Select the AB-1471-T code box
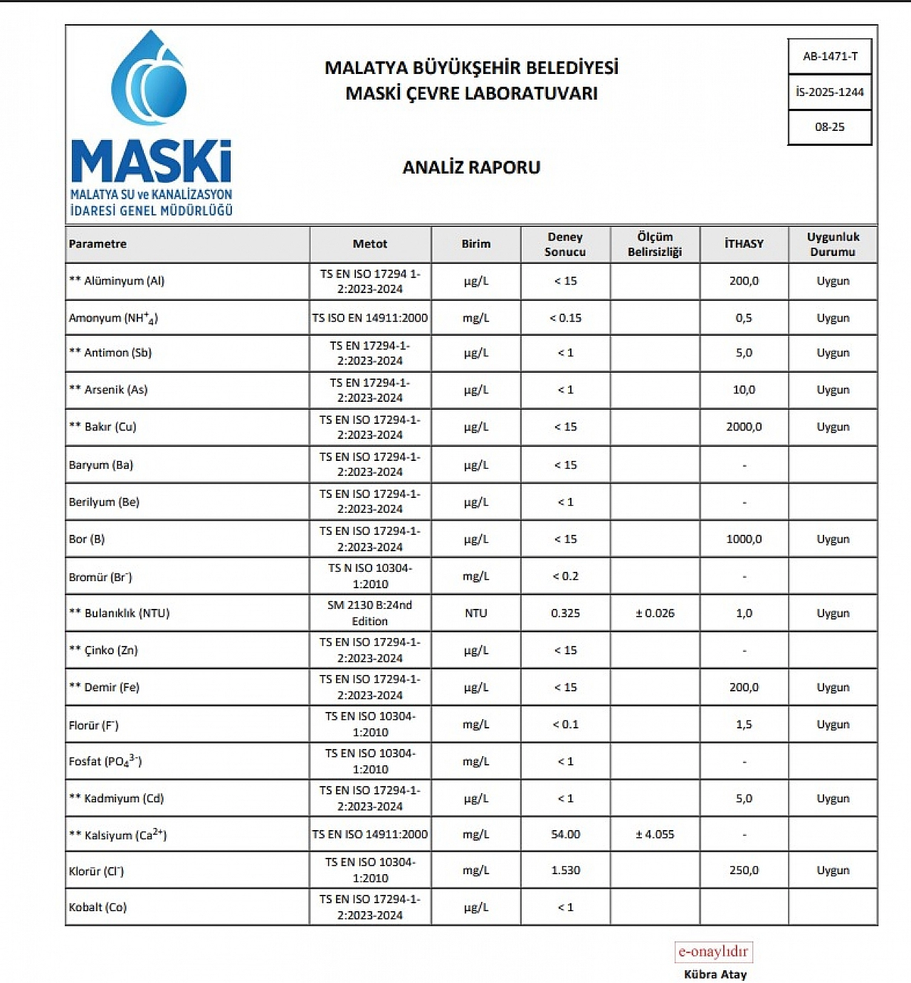click(x=830, y=56)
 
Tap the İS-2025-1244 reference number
click(x=830, y=92)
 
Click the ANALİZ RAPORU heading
click(x=471, y=167)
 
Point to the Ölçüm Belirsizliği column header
click(x=655, y=244)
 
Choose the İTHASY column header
click(x=744, y=244)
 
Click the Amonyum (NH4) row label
click(x=113, y=318)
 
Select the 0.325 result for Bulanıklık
click(x=565, y=613)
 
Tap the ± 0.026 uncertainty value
click(x=655, y=613)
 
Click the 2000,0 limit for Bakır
click(x=744, y=427)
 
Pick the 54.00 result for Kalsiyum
click(x=565, y=834)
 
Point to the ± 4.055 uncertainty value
click(x=655, y=834)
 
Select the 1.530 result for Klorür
click(x=565, y=871)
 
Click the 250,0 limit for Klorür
click(x=744, y=871)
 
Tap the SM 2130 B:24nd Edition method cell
click(x=370, y=613)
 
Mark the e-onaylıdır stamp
click(x=713, y=952)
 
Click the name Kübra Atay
click(x=715, y=974)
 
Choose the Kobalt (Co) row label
click(x=98, y=908)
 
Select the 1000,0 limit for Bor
click(x=744, y=539)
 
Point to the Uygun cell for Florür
click(x=833, y=725)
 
